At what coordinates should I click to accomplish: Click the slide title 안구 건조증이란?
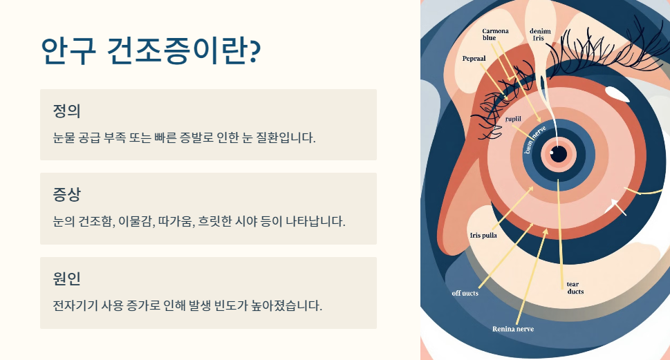[x=150, y=50]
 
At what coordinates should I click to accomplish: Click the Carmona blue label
[x=495, y=35]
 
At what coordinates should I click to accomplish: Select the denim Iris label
[x=540, y=35]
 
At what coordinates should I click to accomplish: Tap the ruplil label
[x=513, y=119]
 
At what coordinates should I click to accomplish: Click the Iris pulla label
[x=483, y=235]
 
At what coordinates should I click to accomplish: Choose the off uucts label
[x=465, y=293]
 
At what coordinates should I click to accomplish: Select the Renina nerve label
[x=512, y=329]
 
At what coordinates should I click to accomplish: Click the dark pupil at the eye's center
[x=558, y=153]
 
